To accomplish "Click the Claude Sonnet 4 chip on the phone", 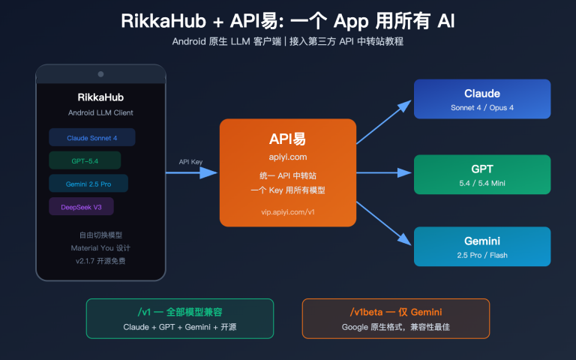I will point(91,137).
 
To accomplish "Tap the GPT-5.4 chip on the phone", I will point(85,160).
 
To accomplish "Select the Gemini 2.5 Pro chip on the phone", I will point(88,184).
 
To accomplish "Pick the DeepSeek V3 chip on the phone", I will point(81,206).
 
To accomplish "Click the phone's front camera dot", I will point(100,73).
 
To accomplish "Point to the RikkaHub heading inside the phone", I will point(100,97).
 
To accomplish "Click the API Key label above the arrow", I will point(190,162).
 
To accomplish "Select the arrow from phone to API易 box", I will point(191,172).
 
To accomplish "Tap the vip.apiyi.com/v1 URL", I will point(287,212).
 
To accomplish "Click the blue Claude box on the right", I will point(482,99).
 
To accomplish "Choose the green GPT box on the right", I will point(482,174).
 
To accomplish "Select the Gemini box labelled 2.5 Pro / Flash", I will point(482,247).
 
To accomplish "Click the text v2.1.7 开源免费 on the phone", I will point(100,260).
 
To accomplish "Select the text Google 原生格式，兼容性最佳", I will point(395,327).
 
